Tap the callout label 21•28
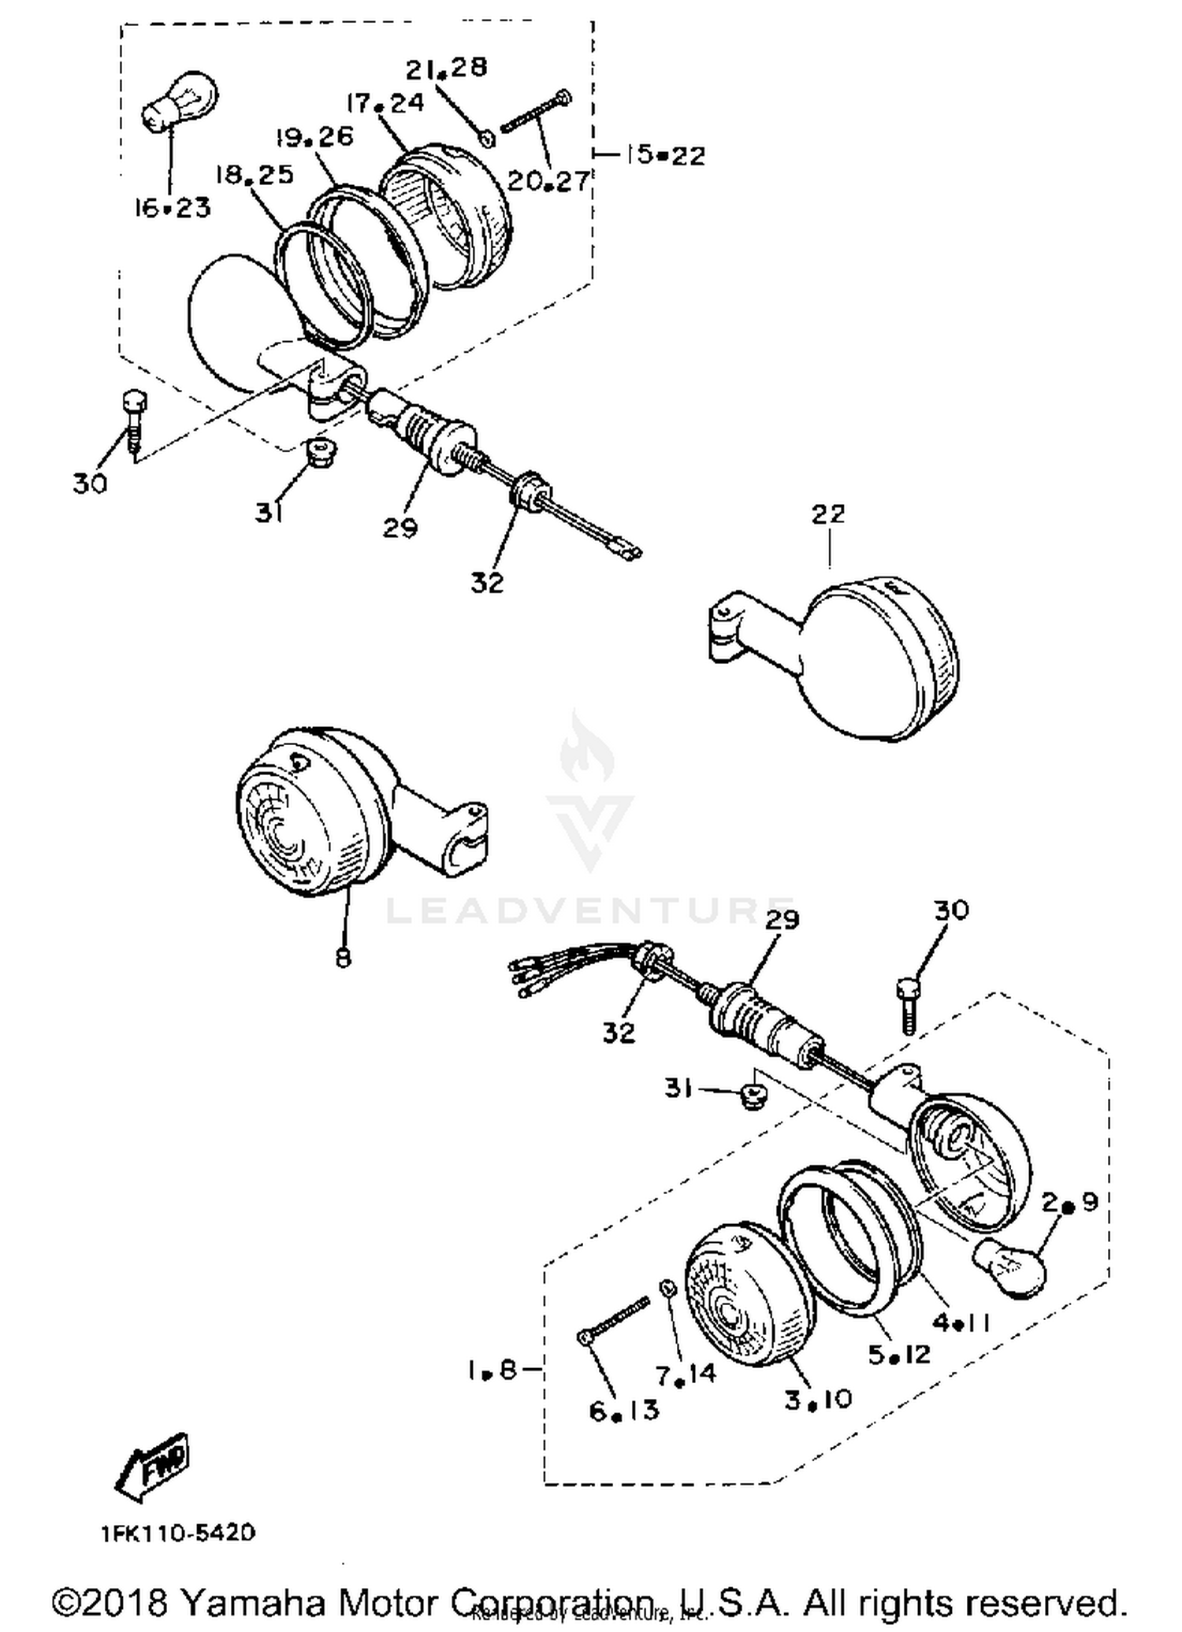[446, 69]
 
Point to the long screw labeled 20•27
[536, 111]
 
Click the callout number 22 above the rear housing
[827, 514]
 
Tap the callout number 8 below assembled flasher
[343, 957]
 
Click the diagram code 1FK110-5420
[178, 1533]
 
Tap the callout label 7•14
[686, 1374]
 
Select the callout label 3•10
[817, 1399]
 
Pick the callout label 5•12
[899, 1354]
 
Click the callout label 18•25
[254, 175]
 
